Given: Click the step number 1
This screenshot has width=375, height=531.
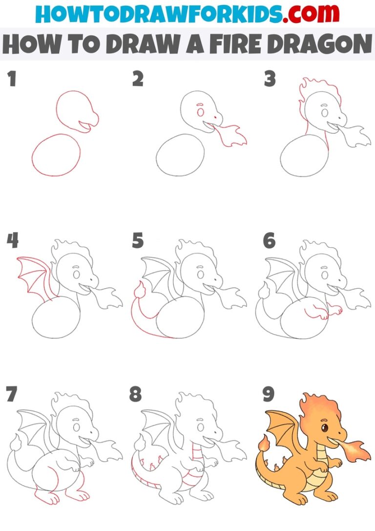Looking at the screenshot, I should pyautogui.click(x=12, y=79).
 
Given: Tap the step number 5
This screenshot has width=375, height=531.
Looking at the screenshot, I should pyautogui.click(x=138, y=241).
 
